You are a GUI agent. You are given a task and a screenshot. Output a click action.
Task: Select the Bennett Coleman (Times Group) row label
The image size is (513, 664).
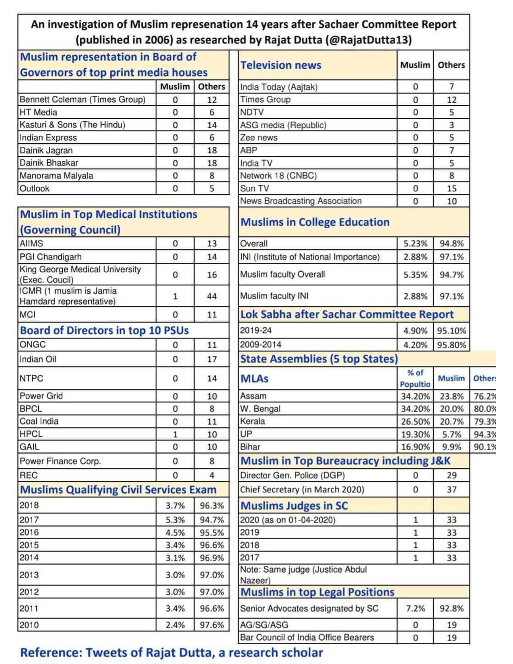82,99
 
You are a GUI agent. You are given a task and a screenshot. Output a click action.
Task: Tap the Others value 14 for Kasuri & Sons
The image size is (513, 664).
212,125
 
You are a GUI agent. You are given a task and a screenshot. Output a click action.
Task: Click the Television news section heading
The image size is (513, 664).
281,65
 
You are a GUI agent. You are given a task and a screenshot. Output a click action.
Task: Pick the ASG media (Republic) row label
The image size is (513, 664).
283,125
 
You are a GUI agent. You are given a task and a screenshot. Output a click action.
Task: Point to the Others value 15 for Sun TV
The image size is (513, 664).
451,188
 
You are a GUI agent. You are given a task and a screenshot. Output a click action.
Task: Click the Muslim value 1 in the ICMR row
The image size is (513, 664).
175,296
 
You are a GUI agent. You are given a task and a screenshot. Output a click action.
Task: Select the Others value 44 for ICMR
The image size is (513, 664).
212,296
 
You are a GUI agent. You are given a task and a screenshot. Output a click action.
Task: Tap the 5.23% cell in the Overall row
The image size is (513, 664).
415,243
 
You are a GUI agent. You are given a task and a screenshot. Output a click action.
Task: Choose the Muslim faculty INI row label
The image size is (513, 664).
274,296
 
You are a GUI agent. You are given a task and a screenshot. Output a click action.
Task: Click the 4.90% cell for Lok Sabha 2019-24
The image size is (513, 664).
415,331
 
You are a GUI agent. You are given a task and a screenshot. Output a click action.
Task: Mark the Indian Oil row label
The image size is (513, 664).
38,359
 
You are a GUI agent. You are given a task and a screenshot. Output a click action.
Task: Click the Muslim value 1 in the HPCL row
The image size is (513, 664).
175,434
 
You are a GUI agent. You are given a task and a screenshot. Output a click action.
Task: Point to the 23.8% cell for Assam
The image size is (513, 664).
451,396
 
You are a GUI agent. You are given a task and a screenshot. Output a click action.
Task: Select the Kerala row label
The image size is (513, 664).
253,421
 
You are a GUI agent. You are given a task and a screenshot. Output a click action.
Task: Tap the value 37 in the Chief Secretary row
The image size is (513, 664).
451,490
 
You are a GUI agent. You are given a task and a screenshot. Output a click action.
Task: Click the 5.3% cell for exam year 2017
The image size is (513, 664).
175,520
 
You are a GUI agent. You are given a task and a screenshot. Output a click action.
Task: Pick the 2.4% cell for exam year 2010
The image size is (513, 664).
175,625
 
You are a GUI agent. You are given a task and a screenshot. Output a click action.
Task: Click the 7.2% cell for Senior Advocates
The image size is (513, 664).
415,608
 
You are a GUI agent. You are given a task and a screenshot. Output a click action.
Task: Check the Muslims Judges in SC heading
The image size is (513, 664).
294,505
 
